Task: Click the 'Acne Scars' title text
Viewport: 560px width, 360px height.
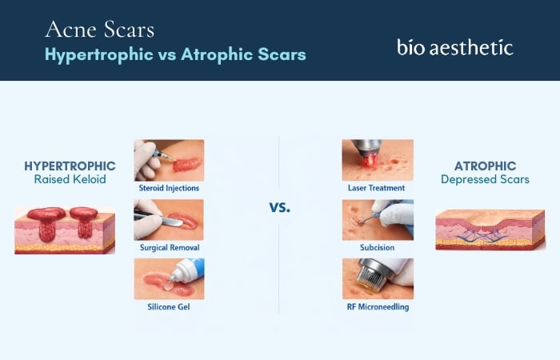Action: [x=100, y=30]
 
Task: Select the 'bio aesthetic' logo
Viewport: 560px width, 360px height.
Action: [x=454, y=46]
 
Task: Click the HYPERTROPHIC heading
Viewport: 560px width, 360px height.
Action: [x=70, y=166]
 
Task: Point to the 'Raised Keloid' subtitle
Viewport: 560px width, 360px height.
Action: [x=70, y=180]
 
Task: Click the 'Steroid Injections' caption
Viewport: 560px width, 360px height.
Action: [x=169, y=188]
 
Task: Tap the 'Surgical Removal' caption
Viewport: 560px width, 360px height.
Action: [x=169, y=248]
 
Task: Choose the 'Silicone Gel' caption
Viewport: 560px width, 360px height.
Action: [x=169, y=306]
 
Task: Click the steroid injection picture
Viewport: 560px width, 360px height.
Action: [x=169, y=160]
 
